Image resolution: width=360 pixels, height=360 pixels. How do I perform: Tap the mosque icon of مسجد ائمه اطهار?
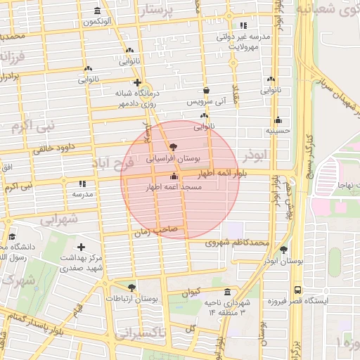click(x=174, y=176)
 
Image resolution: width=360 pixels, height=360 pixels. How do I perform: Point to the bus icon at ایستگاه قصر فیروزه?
click(x=298, y=289)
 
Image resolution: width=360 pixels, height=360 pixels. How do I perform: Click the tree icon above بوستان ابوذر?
click(x=284, y=250)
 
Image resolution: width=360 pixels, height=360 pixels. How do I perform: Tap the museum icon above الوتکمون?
click(x=97, y=11)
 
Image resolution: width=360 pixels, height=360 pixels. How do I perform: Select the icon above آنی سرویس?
click(x=206, y=91)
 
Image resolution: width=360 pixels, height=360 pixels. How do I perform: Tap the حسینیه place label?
click(x=278, y=131)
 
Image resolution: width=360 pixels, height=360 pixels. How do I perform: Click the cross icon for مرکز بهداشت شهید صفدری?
click(x=82, y=247)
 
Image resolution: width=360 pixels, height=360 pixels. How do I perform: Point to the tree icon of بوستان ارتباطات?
click(x=131, y=287)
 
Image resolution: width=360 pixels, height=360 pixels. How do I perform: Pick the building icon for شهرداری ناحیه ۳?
click(x=226, y=291)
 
